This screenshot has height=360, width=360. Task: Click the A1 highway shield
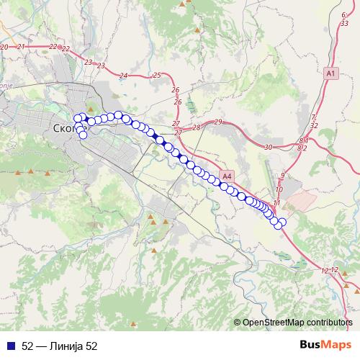(330, 73)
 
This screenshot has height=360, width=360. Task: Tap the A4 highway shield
(228, 175)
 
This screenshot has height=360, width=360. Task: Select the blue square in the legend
(9, 346)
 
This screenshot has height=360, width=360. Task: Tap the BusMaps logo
(325, 346)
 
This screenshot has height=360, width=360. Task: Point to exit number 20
(4, 47)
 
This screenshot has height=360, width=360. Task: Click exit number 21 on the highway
(21, 47)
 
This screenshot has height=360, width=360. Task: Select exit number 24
(123, 76)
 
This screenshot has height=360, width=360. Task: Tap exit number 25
(156, 75)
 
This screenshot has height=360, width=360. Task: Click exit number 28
(196, 127)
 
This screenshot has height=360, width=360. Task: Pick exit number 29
(218, 122)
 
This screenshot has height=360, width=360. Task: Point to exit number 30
(268, 147)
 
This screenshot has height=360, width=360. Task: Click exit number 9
(283, 175)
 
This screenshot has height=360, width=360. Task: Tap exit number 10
(279, 190)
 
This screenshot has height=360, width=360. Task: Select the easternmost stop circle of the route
(282, 222)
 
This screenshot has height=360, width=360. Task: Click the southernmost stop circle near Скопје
(83, 135)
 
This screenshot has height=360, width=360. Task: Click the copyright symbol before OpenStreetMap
(238, 323)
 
